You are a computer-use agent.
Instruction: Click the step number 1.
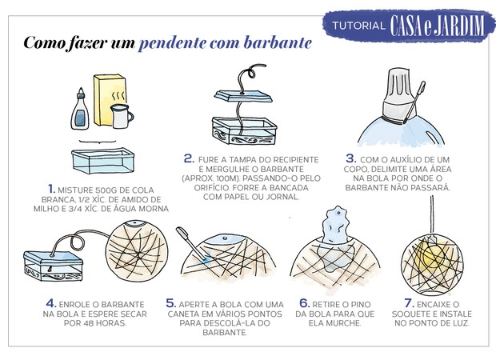[x=50, y=189]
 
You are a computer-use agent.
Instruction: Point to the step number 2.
[x=189, y=158]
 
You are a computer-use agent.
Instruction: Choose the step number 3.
[x=350, y=158]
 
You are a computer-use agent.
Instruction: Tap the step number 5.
[x=171, y=304]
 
